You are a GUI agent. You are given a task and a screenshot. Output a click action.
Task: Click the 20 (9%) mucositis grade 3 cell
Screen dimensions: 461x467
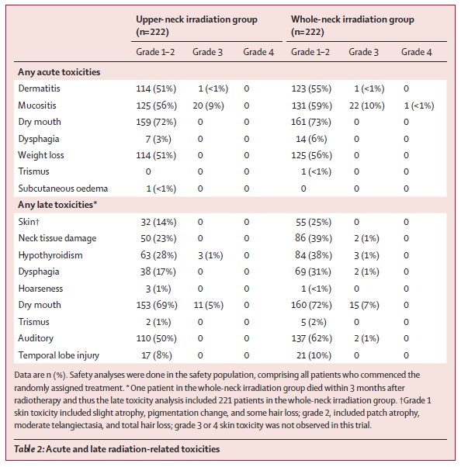208,106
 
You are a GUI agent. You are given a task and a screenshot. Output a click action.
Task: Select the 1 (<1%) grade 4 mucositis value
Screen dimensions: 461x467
419,106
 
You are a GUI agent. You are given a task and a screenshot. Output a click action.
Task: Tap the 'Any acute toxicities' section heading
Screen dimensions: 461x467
59,72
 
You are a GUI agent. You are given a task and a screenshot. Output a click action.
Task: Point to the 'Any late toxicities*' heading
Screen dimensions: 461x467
57,205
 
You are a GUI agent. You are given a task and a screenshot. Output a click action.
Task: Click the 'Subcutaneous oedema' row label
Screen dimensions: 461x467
63,189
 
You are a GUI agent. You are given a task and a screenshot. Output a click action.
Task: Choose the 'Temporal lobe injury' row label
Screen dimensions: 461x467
59,355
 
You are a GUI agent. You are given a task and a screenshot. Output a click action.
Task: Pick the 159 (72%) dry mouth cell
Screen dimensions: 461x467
156,122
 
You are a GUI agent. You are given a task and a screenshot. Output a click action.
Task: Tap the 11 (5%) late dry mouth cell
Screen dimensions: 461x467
208,305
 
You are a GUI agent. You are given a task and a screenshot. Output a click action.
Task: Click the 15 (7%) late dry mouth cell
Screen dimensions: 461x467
364,305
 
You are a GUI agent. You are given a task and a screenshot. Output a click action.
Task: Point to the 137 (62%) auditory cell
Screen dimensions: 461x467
311,338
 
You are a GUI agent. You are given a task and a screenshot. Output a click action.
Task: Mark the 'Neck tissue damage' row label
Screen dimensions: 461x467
57,238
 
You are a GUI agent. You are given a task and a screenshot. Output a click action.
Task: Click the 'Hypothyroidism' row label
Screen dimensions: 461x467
50,255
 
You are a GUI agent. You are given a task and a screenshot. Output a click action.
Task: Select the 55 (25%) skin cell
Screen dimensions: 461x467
314,222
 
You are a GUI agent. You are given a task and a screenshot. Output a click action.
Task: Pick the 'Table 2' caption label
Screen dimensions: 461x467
29,449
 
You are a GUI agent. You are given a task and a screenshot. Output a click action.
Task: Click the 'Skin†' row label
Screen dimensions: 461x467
29,222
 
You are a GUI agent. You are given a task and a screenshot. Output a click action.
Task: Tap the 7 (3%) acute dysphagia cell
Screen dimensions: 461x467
158,139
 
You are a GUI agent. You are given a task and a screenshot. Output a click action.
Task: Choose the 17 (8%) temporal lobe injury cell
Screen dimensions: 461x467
157,355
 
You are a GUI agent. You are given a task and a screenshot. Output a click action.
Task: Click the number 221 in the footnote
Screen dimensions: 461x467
225,400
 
